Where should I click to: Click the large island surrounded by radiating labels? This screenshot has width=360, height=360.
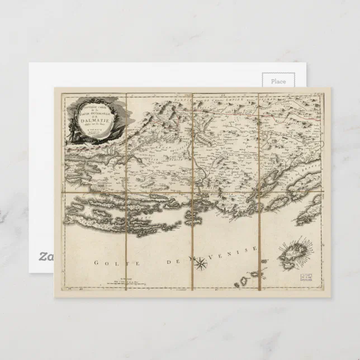click(293, 254)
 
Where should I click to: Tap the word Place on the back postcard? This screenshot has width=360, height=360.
click(278, 82)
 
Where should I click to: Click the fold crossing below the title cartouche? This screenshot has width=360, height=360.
click(126, 193)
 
